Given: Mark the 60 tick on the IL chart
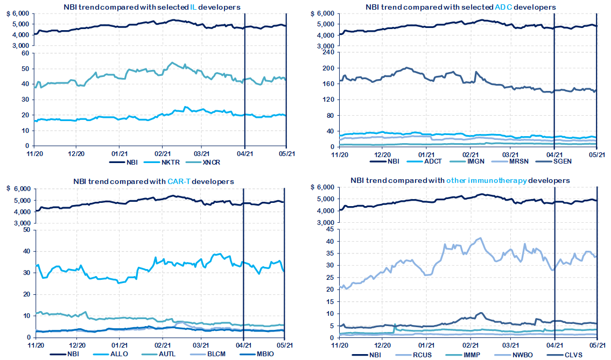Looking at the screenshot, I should click(x=24, y=53).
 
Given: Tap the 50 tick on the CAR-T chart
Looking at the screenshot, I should click(x=24, y=230).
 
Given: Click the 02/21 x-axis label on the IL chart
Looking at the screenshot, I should click(x=161, y=153).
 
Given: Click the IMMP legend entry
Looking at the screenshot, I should click(x=474, y=354).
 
